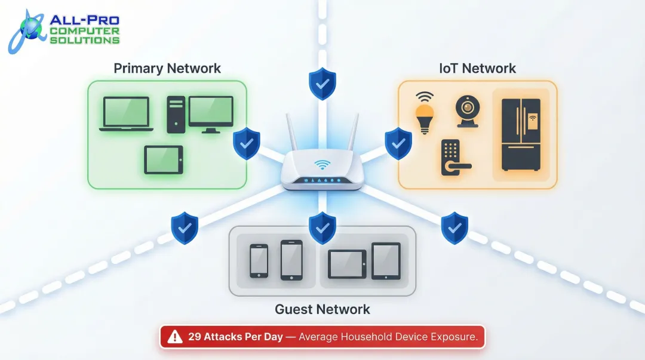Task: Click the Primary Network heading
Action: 167,69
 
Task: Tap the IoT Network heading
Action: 478,69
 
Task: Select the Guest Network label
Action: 322,309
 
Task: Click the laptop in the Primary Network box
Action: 126,114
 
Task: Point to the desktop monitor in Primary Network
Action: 211,113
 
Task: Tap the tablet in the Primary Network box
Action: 164,159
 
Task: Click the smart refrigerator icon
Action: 521,134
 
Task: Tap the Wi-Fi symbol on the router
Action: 323,164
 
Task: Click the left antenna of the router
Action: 292,134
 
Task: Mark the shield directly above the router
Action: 322,84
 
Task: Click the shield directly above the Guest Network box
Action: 322,228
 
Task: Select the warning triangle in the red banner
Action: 175,337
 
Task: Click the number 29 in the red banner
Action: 195,337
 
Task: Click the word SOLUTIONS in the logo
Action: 84,40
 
